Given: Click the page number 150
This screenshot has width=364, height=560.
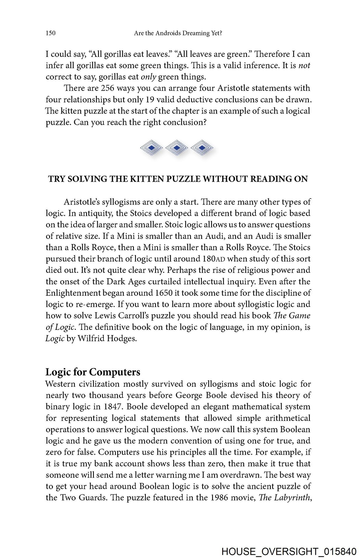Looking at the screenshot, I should [x=50, y=33].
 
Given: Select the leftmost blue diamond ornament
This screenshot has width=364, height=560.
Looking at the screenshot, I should [x=151, y=148].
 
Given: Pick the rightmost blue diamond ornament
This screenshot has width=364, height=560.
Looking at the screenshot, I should [x=202, y=148].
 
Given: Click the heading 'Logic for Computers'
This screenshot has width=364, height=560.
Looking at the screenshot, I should [x=93, y=372].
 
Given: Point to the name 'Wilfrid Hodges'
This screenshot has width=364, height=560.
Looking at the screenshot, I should [x=107, y=339].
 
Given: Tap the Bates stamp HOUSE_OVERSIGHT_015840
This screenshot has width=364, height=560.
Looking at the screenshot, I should [x=289, y=552].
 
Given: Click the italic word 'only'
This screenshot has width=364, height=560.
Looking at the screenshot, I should [x=149, y=77].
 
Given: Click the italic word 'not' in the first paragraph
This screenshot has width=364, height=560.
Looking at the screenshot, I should [x=304, y=66].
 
